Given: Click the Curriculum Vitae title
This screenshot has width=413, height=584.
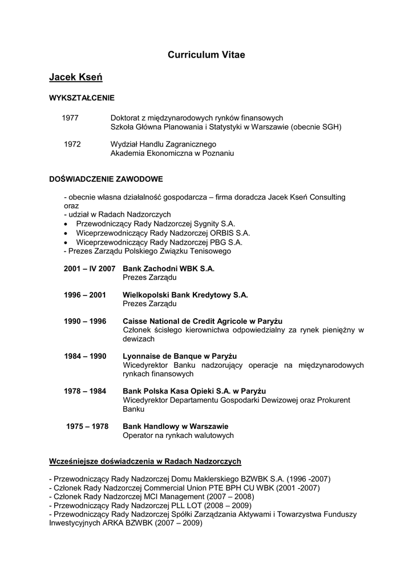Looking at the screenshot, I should point(206,55).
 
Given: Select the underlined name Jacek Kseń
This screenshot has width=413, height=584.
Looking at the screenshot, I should point(75,76).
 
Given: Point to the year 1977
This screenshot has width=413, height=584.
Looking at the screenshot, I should point(70,117).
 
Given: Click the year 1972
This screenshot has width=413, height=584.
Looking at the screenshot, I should point(72,144).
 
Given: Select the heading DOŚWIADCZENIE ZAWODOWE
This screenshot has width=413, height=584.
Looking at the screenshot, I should point(106,179).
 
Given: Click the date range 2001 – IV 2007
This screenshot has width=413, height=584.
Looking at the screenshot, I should point(90,268).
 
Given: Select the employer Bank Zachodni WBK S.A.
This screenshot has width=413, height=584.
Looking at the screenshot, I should point(169,268).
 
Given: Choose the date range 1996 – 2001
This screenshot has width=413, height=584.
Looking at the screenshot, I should point(85,295).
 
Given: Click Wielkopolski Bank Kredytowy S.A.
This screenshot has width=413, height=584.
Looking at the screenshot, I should point(185,295).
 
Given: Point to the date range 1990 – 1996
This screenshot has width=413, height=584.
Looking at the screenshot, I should point(85,321).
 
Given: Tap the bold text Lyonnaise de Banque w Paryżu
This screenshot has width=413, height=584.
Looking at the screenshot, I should point(180,356).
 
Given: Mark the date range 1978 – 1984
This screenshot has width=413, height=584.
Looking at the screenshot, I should point(85,391).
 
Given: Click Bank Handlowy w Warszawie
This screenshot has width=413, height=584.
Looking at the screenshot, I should point(176,426).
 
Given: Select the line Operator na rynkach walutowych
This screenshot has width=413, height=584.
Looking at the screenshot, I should point(179,435).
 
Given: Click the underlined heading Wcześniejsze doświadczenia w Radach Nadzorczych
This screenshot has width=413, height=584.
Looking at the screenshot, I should point(145,461).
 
